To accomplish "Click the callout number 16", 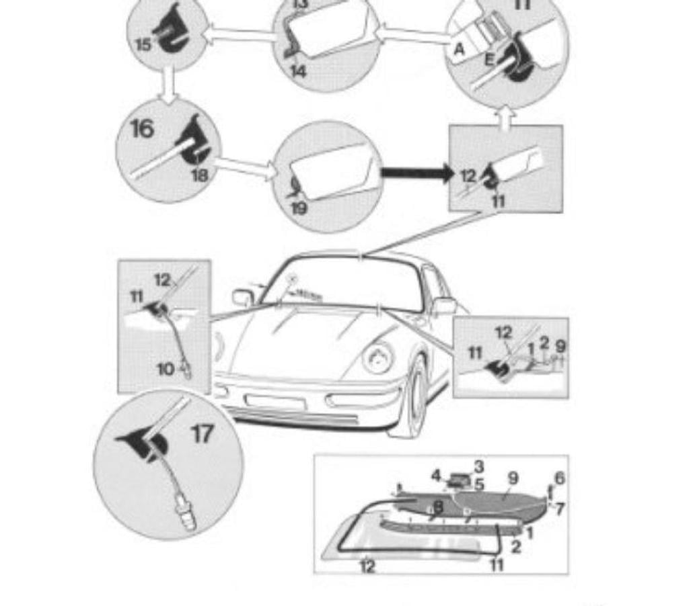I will pos(141,128).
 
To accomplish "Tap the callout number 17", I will pos(203,434).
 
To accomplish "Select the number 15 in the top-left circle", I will pos(143,45).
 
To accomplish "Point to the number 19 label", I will pos(299,208).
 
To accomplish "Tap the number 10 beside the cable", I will pos(166,368).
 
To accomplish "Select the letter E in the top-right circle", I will pos(490,59).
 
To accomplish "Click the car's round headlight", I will pos(378,357).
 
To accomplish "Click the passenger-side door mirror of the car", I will pos(242,296).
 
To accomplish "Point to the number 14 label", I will pos(298,70).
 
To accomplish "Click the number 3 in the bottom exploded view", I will pos(479,466).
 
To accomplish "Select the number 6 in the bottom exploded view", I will pos(559,478).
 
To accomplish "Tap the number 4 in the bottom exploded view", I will pos(437,475).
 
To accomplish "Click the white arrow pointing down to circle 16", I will pos(168,83).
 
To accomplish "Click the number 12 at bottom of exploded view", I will pos(367,566).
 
